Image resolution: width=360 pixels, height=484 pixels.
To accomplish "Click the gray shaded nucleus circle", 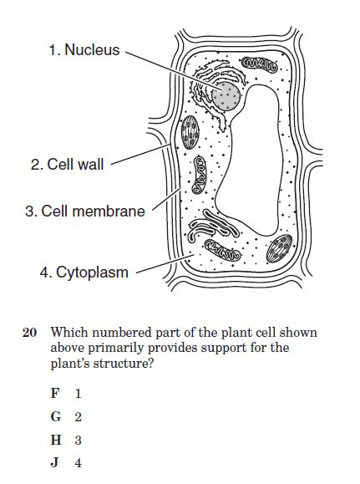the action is point(226,96).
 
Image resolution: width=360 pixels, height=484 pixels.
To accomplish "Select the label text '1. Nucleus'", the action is point(84,49).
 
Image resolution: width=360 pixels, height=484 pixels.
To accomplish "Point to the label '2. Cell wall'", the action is point(68,164).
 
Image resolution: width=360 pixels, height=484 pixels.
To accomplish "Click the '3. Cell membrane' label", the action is point(85,211).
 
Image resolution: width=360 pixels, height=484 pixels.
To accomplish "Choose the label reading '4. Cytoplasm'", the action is point(84,273).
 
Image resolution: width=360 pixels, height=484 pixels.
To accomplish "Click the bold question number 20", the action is point(29,333).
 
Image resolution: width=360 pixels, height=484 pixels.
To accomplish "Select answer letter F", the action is point(54,393).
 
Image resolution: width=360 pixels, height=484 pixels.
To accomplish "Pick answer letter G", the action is point(55,417).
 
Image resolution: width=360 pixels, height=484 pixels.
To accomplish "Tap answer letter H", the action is point(56,440).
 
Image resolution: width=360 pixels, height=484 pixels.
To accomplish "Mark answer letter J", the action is point(54,463).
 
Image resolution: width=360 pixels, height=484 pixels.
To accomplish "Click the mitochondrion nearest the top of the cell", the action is point(259,64).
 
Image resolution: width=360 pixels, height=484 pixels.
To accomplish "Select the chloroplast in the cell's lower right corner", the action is point(279,248).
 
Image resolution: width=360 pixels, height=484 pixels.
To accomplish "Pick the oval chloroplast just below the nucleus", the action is point(190,132).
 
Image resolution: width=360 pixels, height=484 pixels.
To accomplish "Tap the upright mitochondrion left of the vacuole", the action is point(199,175).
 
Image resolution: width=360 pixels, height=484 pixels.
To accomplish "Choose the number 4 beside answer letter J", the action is point(78,463).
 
